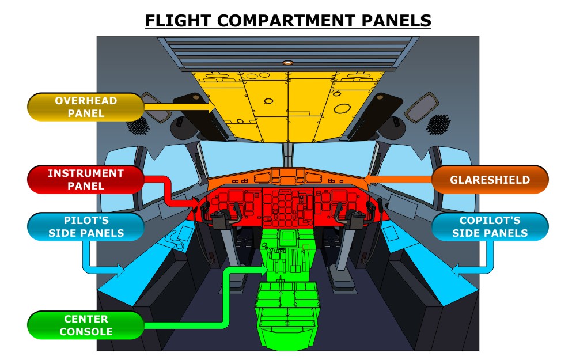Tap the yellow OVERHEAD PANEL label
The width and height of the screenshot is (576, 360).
click(85, 107)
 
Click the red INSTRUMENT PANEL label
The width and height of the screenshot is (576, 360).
click(85, 179)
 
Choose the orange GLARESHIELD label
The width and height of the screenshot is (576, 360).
click(490, 180)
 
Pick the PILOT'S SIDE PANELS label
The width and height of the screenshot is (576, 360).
click(85, 226)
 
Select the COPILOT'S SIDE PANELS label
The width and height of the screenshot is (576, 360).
click(490, 226)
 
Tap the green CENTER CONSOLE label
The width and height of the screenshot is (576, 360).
click(85, 325)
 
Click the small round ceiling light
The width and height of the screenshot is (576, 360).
click(288, 62)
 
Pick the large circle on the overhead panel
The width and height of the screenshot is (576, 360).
click(342, 108)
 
